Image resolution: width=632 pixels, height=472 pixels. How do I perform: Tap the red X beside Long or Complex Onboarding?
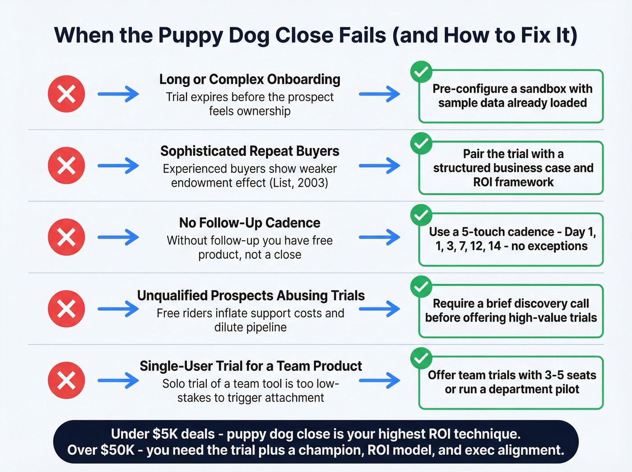pyautogui.click(x=66, y=94)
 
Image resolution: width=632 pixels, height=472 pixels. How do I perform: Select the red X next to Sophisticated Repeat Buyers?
pyautogui.click(x=66, y=165)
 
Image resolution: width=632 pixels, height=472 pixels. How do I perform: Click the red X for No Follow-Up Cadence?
pyautogui.click(x=66, y=237)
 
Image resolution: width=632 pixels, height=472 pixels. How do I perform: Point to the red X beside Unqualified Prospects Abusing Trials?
pyautogui.click(x=66, y=309)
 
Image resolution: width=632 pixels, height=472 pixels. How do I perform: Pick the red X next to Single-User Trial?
pyautogui.click(x=66, y=380)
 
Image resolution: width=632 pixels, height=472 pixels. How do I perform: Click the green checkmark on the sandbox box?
pyautogui.click(x=421, y=72)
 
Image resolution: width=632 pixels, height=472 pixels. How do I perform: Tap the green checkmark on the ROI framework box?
pyautogui.click(x=421, y=143)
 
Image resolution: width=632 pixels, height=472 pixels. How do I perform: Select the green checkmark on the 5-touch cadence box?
pyautogui.click(x=421, y=215)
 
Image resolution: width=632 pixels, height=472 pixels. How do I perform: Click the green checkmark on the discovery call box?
pyautogui.click(x=421, y=286)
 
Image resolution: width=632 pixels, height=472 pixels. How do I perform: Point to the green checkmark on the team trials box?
pyautogui.click(x=421, y=358)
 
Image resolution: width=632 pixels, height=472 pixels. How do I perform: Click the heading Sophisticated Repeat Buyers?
pyautogui.click(x=250, y=151)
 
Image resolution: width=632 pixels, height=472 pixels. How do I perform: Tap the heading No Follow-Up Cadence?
pyautogui.click(x=250, y=223)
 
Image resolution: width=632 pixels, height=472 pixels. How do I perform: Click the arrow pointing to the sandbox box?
pyautogui.click(x=379, y=94)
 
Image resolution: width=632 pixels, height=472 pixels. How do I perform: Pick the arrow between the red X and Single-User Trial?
pyautogui.click(x=118, y=380)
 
